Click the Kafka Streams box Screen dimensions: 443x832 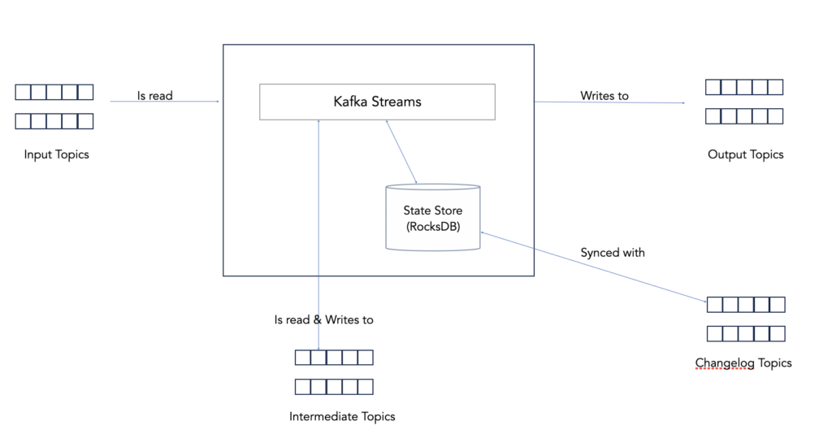point(377,102)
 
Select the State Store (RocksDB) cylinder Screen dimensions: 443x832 point(432,217)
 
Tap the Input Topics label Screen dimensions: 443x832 point(56,154)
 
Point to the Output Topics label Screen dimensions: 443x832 point(745,154)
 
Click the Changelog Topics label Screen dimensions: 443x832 point(743,363)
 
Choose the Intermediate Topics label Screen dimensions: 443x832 point(342,416)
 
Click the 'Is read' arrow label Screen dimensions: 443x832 point(154,95)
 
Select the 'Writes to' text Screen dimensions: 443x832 point(604,95)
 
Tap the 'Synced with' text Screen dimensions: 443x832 point(613,253)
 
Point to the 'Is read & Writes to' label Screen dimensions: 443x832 point(323,319)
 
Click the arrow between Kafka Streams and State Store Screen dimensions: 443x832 point(401,152)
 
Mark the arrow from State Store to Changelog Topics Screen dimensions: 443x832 point(593,267)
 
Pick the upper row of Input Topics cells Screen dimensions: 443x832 point(54,92)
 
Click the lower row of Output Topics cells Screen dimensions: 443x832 point(743,116)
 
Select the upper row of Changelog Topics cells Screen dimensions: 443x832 point(746,305)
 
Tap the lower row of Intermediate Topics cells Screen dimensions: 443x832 point(334,386)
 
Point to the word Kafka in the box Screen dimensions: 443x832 point(350,102)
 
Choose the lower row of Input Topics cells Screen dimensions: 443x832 point(54,121)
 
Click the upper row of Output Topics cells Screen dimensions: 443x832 point(743,87)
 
